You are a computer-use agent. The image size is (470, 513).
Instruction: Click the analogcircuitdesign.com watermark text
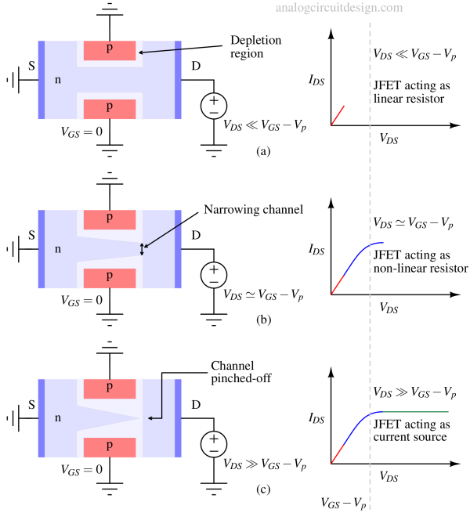(x=339, y=8)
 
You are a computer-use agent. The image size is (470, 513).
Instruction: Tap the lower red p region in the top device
(x=110, y=108)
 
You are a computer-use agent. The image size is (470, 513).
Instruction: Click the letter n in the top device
(x=58, y=80)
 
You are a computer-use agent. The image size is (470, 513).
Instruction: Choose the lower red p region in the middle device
(x=110, y=277)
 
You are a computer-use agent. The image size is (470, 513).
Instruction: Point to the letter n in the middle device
(x=58, y=249)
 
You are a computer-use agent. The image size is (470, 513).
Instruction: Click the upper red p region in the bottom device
(x=110, y=388)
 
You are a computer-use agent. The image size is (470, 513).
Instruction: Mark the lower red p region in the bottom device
(x=110, y=447)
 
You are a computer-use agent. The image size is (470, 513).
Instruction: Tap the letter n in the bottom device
(x=58, y=418)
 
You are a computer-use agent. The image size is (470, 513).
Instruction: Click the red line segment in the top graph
(x=338, y=115)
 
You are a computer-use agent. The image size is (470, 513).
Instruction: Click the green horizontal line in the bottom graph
(x=415, y=412)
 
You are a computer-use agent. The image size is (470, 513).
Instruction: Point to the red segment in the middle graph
(x=337, y=285)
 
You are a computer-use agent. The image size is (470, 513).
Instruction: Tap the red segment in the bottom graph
(x=337, y=454)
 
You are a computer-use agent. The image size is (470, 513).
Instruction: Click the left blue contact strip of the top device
(x=41, y=80)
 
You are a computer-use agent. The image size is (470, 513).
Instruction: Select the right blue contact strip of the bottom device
(x=178, y=418)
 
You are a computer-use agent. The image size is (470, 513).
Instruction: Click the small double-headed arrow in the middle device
(x=142, y=250)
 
